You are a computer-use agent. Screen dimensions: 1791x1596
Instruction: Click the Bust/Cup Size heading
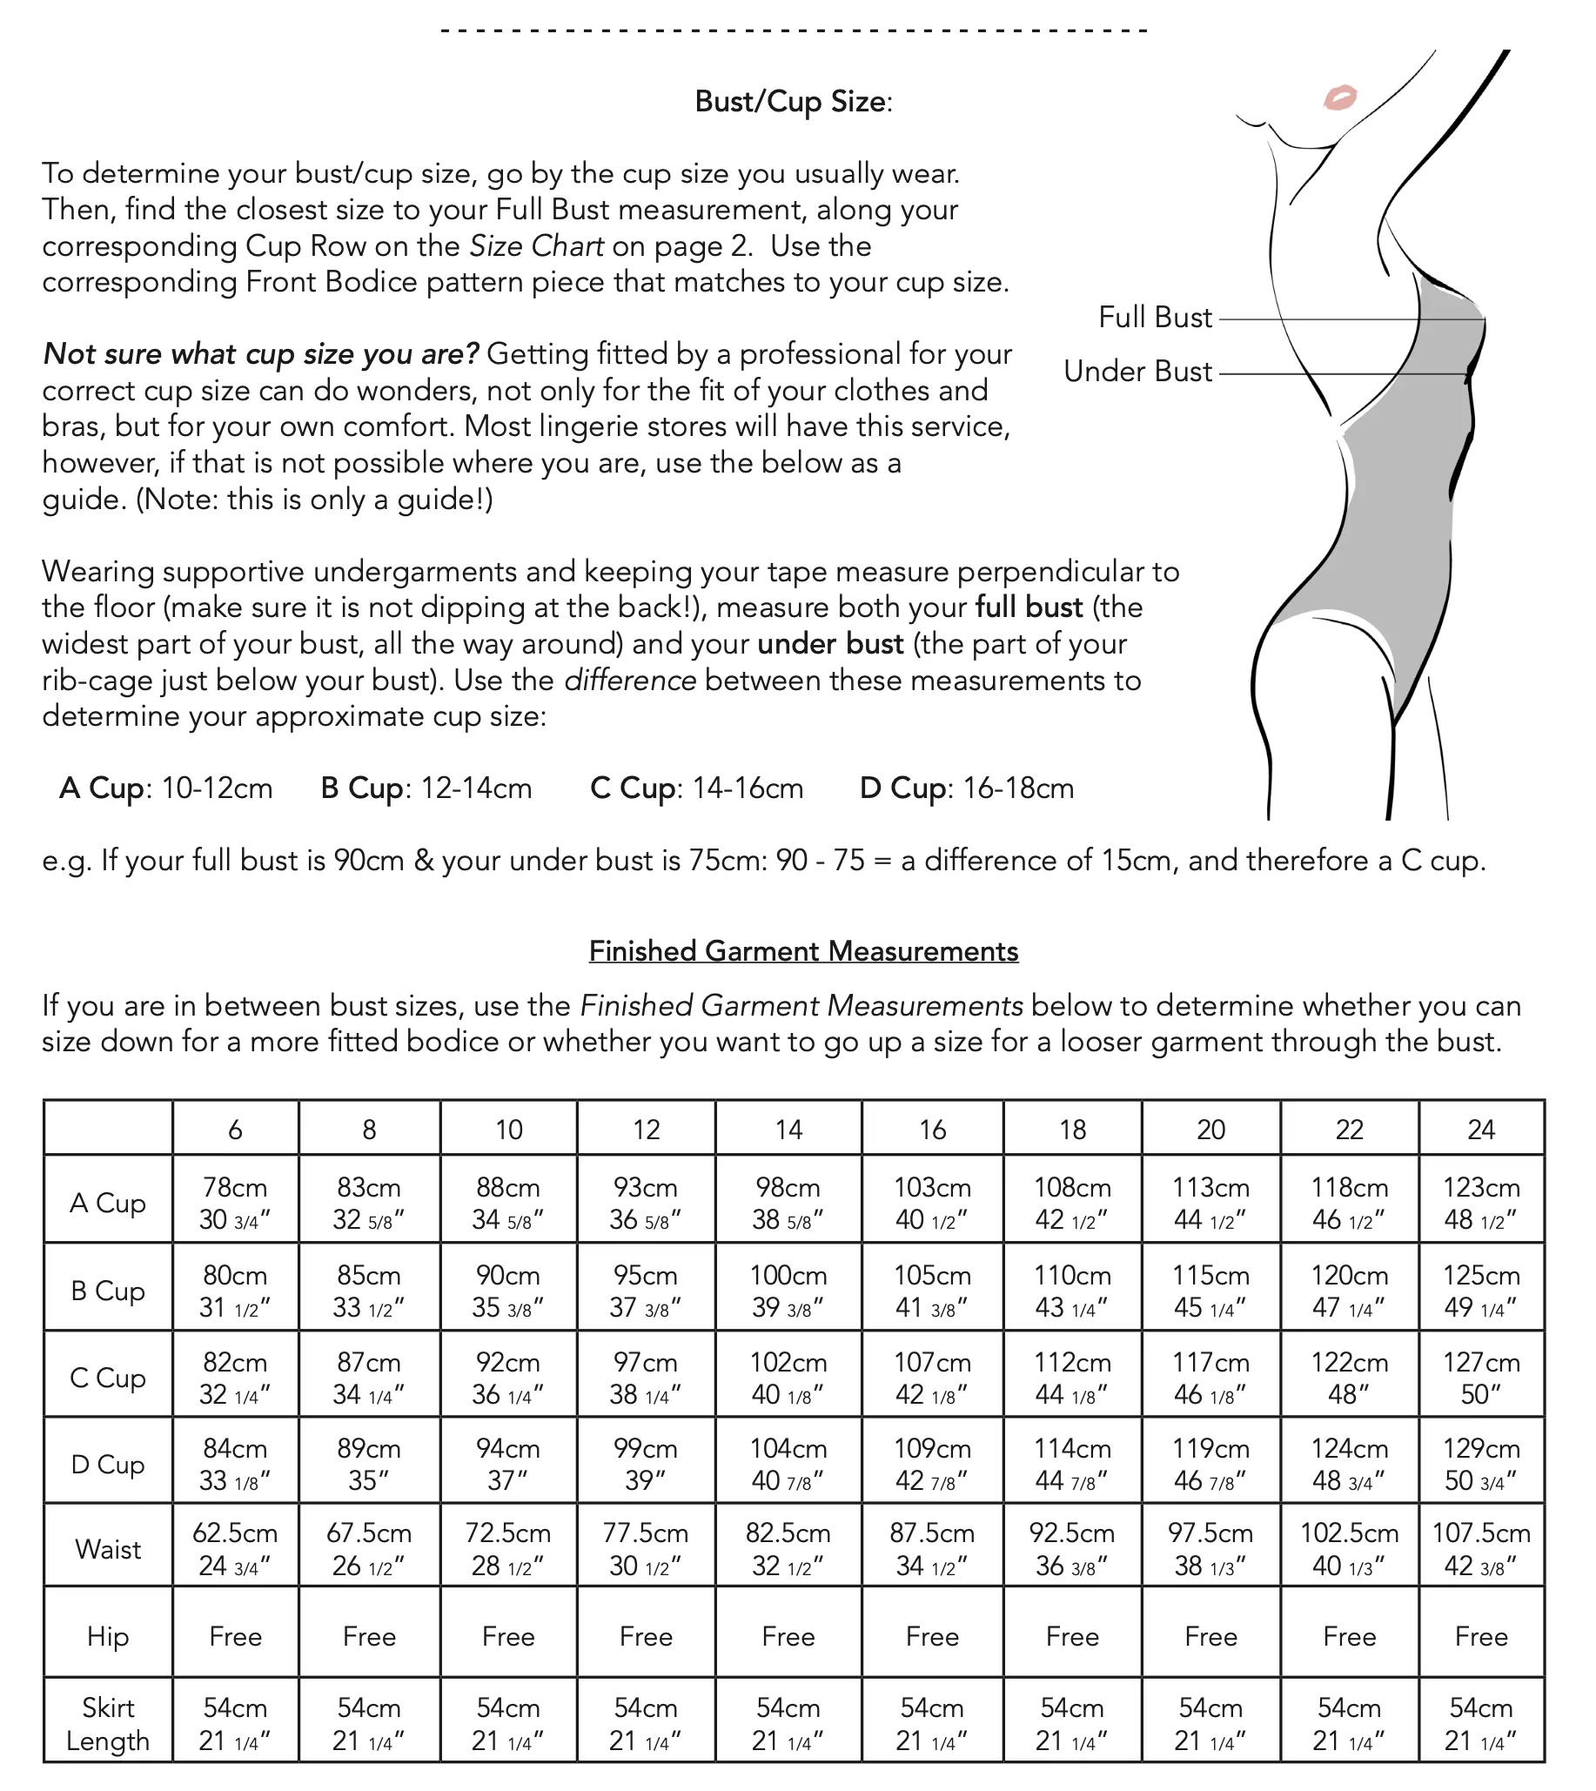(793, 102)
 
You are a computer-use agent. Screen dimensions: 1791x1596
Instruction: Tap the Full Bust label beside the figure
(1155, 318)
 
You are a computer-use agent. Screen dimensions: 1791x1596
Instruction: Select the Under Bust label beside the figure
(1137, 372)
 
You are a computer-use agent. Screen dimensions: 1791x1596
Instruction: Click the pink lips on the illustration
(1339, 97)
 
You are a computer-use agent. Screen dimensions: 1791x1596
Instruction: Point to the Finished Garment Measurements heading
(803, 952)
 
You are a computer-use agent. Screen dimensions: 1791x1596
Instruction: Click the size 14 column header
(788, 1130)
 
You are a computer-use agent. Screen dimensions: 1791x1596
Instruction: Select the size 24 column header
(1481, 1130)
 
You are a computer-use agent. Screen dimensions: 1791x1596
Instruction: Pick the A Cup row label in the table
(108, 1203)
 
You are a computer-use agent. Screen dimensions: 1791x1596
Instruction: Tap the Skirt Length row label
(108, 1723)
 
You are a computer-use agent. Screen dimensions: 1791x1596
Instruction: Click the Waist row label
(108, 1549)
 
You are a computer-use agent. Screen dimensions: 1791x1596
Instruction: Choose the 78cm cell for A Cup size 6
(235, 1203)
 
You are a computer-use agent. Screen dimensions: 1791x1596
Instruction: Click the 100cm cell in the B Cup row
(788, 1291)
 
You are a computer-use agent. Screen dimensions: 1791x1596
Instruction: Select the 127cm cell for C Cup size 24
(1481, 1377)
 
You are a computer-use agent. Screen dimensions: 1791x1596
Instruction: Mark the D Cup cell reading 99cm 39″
(646, 1464)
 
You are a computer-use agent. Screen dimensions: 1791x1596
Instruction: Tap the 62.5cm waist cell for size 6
(235, 1549)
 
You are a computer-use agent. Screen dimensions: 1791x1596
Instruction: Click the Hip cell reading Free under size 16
(932, 1637)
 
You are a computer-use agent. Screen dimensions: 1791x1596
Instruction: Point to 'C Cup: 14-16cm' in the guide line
(696, 788)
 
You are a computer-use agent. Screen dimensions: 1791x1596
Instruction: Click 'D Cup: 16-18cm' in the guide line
(966, 788)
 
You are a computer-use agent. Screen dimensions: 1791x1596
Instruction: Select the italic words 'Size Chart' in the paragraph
(536, 246)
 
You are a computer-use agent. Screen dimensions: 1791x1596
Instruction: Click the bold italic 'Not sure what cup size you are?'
(260, 354)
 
